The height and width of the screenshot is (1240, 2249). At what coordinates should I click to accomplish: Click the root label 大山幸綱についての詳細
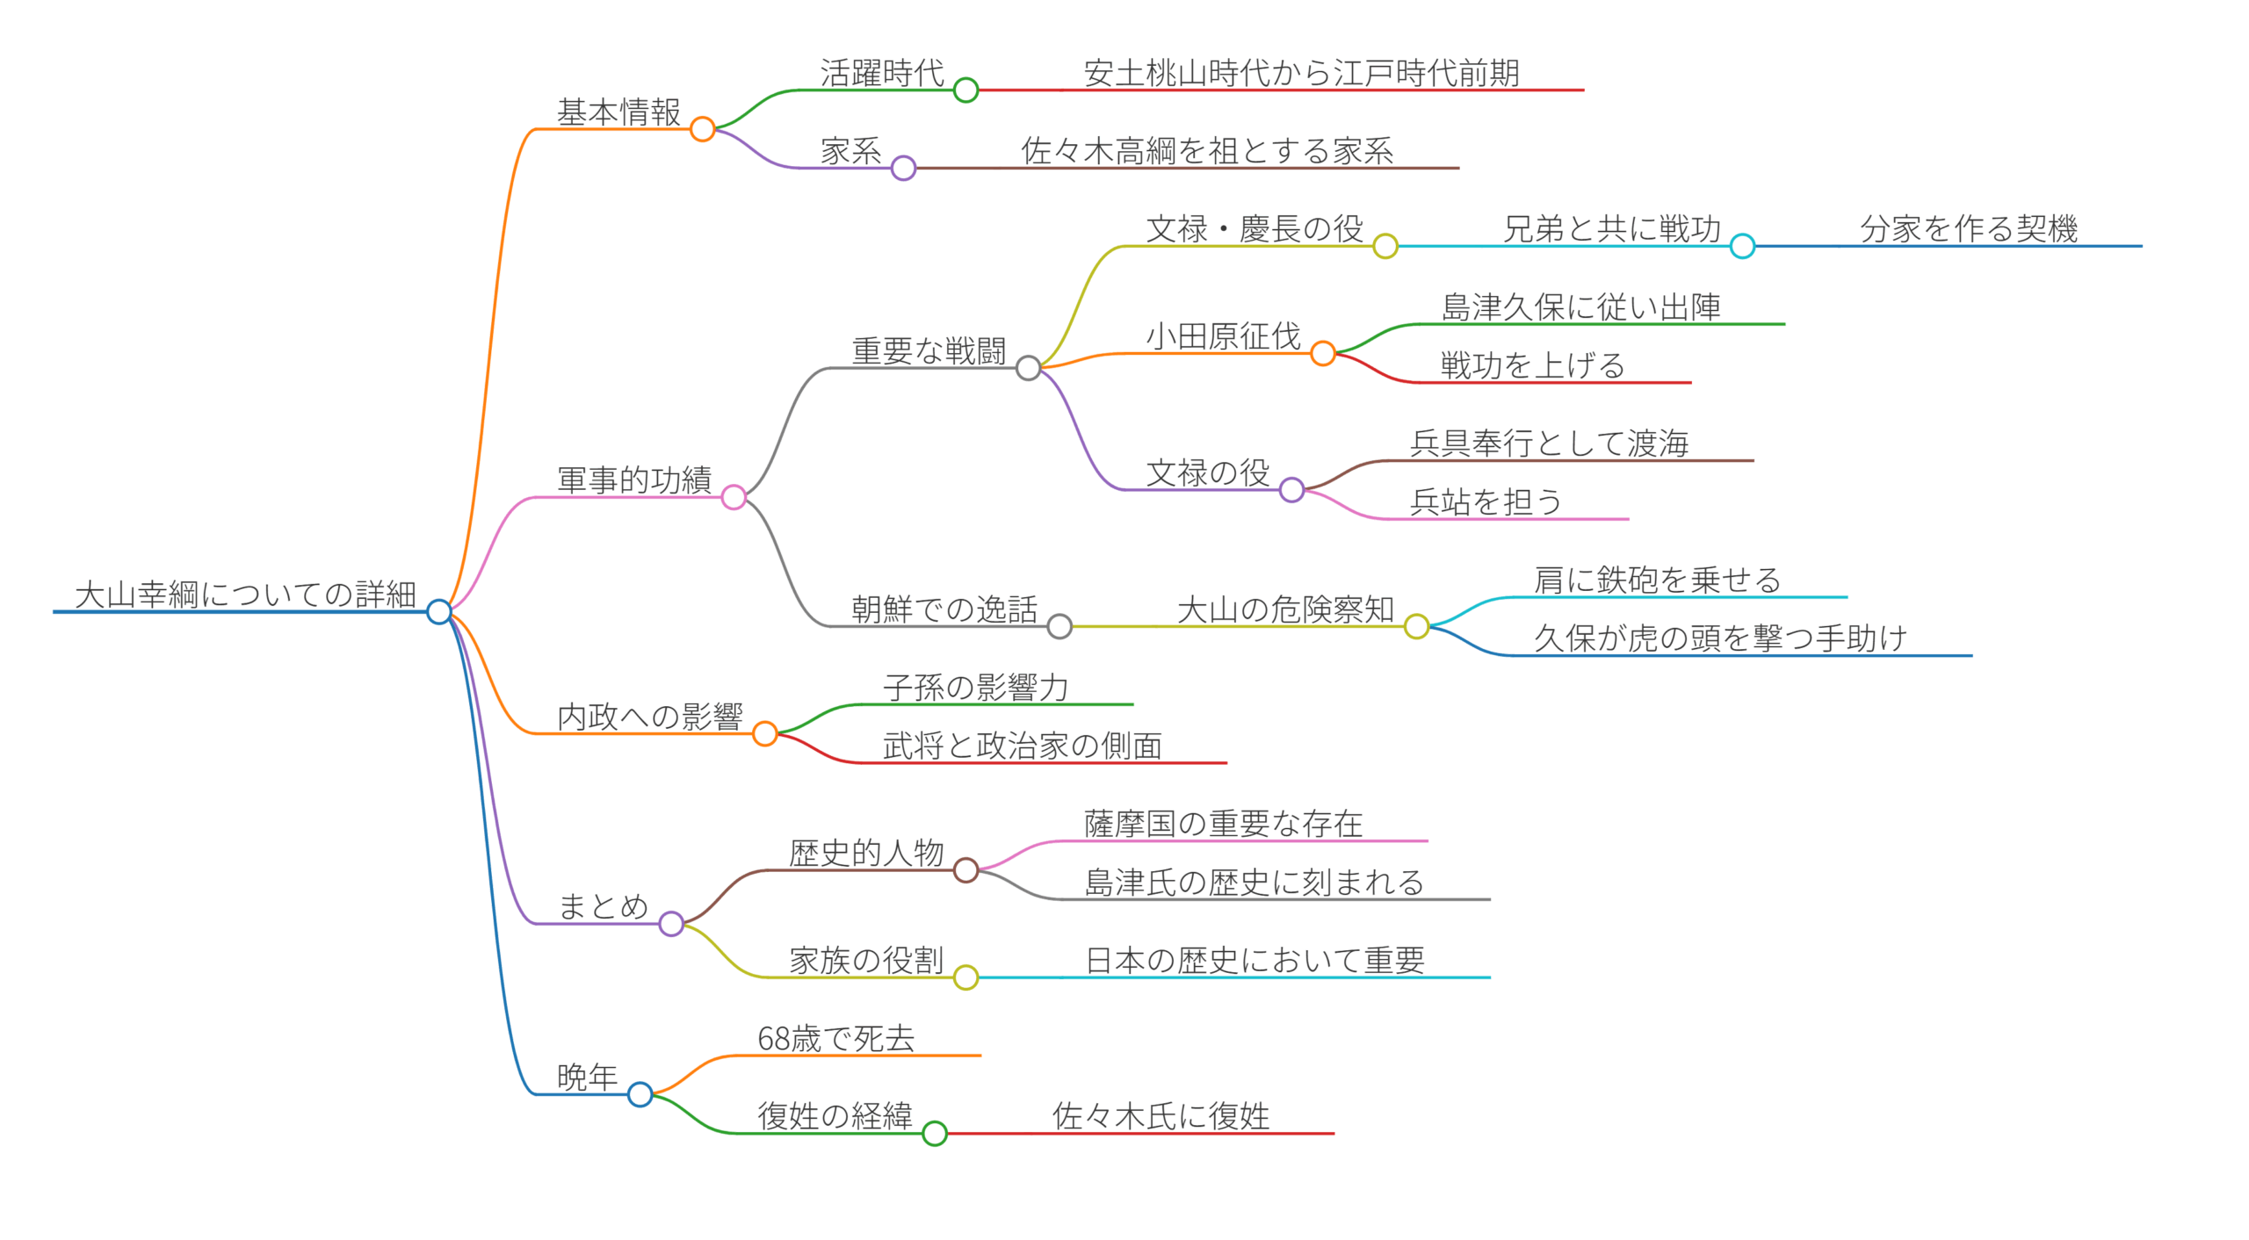245,595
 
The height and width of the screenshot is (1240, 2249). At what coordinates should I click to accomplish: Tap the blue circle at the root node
438,611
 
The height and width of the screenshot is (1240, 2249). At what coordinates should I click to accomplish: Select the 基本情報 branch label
618,112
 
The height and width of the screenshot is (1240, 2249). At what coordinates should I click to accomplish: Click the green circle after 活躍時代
965,90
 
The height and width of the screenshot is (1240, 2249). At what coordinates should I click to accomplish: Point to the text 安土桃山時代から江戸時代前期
1301,73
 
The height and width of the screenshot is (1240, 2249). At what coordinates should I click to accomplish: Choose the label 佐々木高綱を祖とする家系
1206,151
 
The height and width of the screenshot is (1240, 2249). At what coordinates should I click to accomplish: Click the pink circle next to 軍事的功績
734,498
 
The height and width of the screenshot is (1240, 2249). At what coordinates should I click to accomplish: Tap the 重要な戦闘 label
929,351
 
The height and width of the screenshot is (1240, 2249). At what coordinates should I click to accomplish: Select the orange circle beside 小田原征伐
1322,354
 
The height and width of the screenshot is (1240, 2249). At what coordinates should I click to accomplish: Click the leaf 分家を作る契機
1968,229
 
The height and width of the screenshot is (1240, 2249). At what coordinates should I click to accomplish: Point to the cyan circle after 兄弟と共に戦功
1742,246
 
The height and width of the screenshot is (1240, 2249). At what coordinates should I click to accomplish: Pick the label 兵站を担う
1486,502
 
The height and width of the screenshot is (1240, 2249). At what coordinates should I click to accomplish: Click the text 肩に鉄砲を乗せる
1657,580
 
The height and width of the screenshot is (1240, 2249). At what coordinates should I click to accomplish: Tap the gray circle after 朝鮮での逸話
1059,626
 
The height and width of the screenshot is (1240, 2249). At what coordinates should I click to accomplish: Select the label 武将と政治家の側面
1022,746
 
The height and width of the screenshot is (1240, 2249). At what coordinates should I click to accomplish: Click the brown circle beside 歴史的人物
965,870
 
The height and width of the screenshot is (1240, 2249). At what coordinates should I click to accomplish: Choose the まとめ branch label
604,906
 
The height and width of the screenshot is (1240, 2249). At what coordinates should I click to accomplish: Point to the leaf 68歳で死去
835,1039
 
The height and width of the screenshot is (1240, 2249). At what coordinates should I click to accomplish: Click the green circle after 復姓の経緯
935,1134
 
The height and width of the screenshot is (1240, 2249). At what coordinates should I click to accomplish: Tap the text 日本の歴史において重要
1255,961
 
